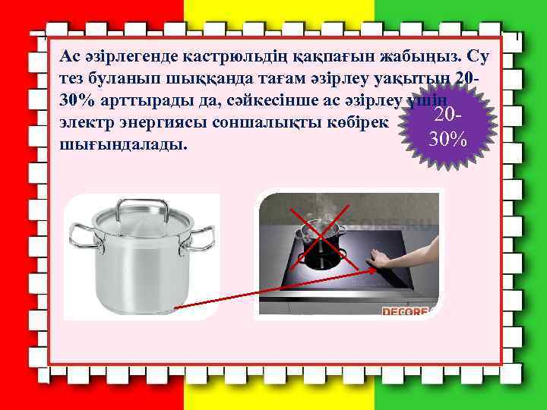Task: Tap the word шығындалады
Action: (x=121, y=143)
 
